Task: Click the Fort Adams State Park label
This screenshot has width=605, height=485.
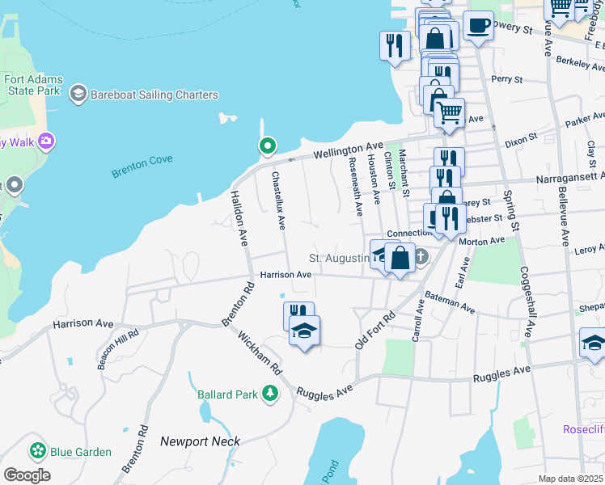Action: point(32,85)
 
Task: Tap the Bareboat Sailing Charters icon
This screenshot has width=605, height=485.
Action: point(78,94)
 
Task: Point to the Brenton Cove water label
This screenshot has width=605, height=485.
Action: point(142,160)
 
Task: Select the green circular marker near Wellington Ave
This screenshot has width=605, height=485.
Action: point(267,146)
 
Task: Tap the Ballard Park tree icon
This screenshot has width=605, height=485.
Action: point(269,394)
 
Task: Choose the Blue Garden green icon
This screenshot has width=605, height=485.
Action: point(36,450)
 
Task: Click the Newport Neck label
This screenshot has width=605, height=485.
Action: point(195,441)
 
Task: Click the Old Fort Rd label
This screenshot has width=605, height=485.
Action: point(373,331)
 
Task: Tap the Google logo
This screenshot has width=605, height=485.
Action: point(27,475)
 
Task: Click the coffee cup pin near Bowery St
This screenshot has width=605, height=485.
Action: point(478,25)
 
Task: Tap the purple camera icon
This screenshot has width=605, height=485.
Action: point(46,141)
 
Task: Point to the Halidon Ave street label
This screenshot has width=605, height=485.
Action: point(240,218)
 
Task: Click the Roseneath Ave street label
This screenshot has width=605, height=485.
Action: point(356,188)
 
